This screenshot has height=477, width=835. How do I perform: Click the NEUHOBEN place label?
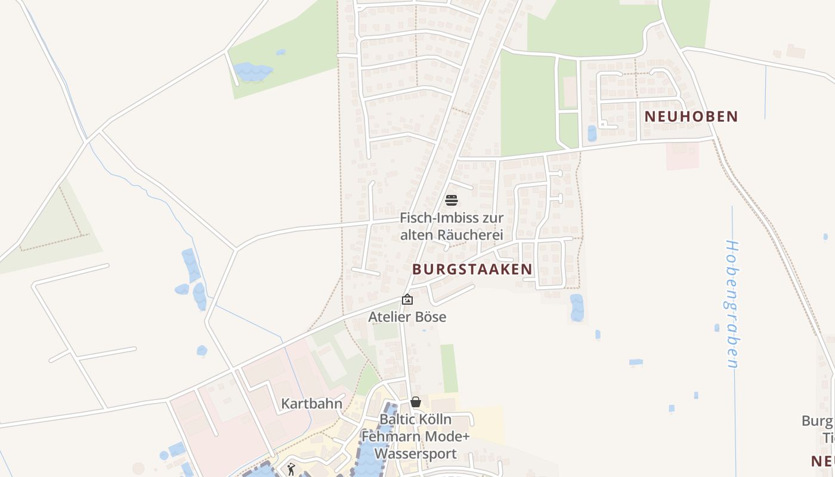(x=691, y=117)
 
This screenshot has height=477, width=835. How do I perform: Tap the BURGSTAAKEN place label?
(x=472, y=269)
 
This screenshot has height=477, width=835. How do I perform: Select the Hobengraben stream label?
(x=732, y=304)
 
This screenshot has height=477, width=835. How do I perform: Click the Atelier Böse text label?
(x=407, y=317)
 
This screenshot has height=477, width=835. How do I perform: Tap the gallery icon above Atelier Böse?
(x=407, y=299)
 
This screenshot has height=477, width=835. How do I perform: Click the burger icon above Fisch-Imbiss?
(x=451, y=200)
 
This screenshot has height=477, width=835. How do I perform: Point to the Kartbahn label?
(x=312, y=404)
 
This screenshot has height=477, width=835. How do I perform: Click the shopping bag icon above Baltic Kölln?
(x=416, y=402)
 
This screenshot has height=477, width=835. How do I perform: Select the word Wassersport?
(x=415, y=453)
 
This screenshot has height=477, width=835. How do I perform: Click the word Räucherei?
(x=471, y=235)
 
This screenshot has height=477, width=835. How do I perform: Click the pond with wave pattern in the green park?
(x=252, y=72)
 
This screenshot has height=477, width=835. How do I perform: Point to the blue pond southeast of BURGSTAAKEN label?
(x=577, y=307)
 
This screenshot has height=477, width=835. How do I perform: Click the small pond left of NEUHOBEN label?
(x=592, y=133)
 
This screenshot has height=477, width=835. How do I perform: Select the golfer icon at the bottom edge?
(x=291, y=470)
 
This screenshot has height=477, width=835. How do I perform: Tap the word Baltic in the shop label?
(x=397, y=419)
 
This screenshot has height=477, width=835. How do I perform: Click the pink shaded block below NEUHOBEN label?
(x=682, y=155)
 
